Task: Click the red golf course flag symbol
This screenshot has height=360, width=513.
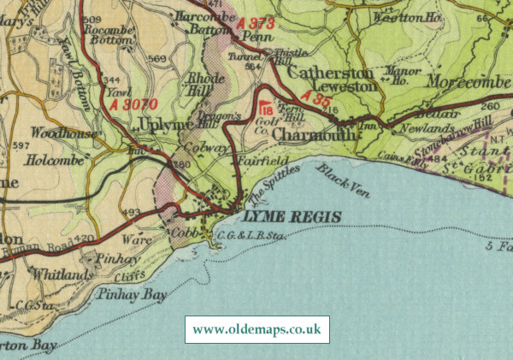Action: [x=264, y=108]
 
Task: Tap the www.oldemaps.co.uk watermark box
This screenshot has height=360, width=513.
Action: [x=256, y=329]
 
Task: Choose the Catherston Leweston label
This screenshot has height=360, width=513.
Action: [x=329, y=80]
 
